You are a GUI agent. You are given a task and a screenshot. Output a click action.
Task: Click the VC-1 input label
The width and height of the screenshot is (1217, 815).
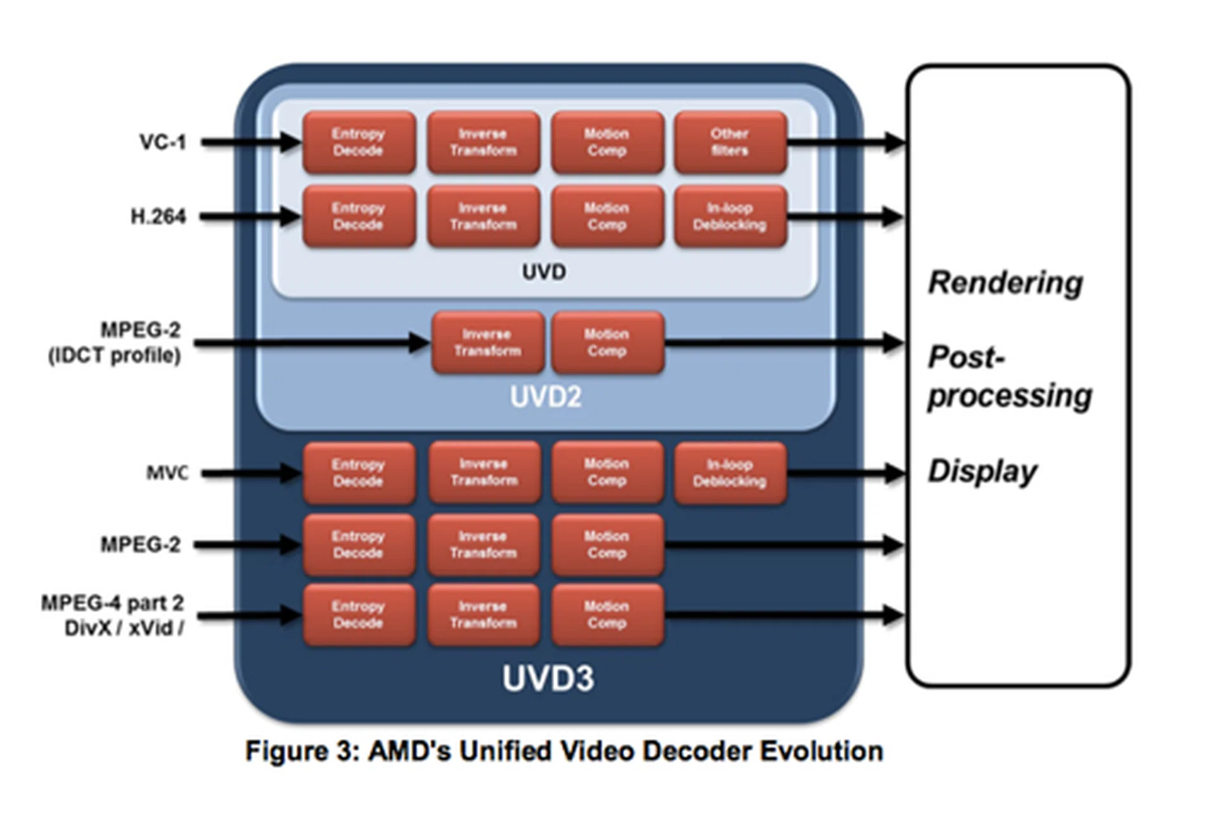[163, 142]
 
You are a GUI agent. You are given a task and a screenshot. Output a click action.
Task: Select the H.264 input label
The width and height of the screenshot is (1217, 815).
[158, 217]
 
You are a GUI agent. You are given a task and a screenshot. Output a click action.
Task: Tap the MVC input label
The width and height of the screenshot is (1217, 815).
[167, 473]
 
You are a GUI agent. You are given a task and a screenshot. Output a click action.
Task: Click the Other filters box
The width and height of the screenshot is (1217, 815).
[730, 143]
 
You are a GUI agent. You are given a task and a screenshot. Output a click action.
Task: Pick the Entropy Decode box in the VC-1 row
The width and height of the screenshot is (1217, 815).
[359, 143]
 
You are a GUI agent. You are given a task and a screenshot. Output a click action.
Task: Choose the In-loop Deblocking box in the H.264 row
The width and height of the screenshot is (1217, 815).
[730, 217]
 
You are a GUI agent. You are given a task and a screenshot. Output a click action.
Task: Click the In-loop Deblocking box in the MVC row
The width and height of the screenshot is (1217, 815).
[730, 473]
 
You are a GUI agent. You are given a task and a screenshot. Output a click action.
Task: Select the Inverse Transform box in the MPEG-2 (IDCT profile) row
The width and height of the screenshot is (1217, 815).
[487, 343]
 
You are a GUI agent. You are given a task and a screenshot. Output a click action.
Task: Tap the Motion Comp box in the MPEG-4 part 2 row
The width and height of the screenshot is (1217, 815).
[607, 615]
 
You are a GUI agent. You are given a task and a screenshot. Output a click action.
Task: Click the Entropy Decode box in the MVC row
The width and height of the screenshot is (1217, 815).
[359, 473]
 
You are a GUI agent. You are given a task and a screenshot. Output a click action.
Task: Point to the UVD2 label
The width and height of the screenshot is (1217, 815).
[546, 397]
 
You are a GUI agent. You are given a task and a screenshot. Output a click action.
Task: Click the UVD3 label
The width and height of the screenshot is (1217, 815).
[548, 678]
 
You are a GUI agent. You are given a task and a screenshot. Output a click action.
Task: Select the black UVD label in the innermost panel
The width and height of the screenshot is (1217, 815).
[544, 272]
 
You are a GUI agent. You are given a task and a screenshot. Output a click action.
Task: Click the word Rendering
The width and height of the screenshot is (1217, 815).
[1005, 283]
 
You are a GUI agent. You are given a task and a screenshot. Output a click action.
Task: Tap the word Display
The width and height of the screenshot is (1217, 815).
[982, 472]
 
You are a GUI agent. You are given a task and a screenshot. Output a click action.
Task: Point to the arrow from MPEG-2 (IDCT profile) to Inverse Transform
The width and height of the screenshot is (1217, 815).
[311, 343]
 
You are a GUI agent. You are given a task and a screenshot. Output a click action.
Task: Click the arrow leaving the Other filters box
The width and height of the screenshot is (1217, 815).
[846, 143]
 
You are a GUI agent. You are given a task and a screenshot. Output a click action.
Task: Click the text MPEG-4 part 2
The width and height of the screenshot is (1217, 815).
[112, 603]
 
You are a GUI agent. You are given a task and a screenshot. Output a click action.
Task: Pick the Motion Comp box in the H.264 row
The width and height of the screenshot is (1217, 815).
[607, 217]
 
